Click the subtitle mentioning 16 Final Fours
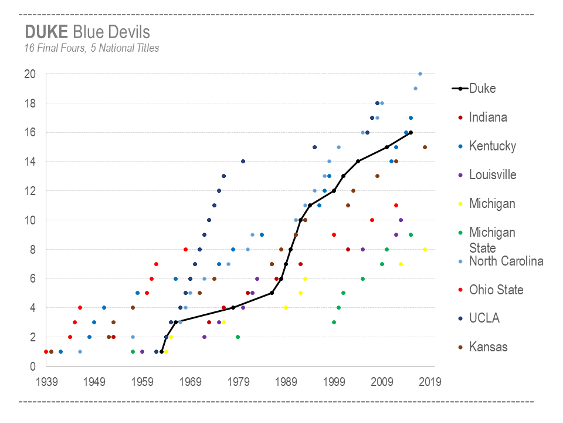(x=91, y=48)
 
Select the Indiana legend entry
(x=488, y=117)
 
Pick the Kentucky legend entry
(x=492, y=146)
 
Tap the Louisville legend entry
(x=493, y=174)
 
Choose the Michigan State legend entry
(x=492, y=240)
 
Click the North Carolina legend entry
(x=506, y=261)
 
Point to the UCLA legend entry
(x=484, y=318)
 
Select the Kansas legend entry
(x=489, y=347)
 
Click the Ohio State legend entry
(x=496, y=290)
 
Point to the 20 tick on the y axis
(x=30, y=74)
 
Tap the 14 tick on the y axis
(x=30, y=162)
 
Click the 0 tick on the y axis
(x=33, y=367)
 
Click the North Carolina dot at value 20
(x=420, y=73)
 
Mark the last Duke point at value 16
(x=411, y=132)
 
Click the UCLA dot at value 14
(x=243, y=161)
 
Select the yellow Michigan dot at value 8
(x=425, y=249)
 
